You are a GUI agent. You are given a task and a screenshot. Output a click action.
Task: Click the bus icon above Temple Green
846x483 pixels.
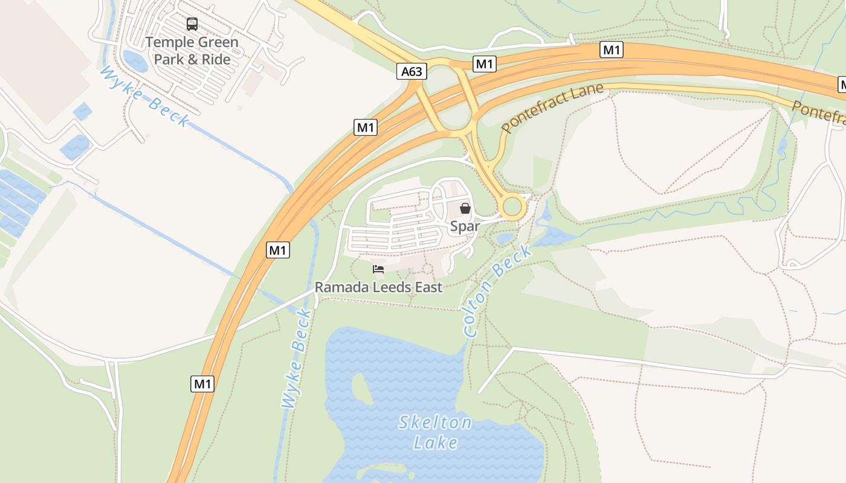pos(192,24)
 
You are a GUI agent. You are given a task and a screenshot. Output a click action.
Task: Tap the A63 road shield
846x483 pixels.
pos(412,72)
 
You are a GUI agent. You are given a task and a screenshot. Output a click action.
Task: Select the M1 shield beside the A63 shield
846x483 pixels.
pos(485,64)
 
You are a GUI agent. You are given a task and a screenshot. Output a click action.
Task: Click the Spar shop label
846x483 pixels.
pos(465,226)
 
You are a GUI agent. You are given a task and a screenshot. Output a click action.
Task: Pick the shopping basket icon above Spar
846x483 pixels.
pos(465,208)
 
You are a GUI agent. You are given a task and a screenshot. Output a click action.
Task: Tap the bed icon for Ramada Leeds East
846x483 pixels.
pos(378,269)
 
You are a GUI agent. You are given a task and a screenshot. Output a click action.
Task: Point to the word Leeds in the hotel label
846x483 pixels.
pos(392,287)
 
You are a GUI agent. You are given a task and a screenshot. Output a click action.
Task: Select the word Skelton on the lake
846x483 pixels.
pos(435,423)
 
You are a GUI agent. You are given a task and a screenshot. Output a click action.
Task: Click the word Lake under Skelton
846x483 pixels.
pos(435,443)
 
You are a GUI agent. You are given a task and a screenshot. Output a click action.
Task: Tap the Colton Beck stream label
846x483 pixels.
pos(497,291)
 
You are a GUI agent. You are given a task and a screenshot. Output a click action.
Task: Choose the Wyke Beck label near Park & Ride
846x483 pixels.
pos(144,97)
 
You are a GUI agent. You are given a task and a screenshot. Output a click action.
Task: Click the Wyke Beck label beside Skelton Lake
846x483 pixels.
pos(297,359)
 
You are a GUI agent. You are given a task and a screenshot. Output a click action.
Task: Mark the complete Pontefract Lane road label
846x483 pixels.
pos(552,108)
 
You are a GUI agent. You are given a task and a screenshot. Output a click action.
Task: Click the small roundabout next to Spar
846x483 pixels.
pos(512,207)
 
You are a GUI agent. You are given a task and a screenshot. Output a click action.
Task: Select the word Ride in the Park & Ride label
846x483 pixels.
pos(216,59)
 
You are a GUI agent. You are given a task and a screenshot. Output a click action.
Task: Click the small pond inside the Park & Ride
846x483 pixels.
pos(134,60)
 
